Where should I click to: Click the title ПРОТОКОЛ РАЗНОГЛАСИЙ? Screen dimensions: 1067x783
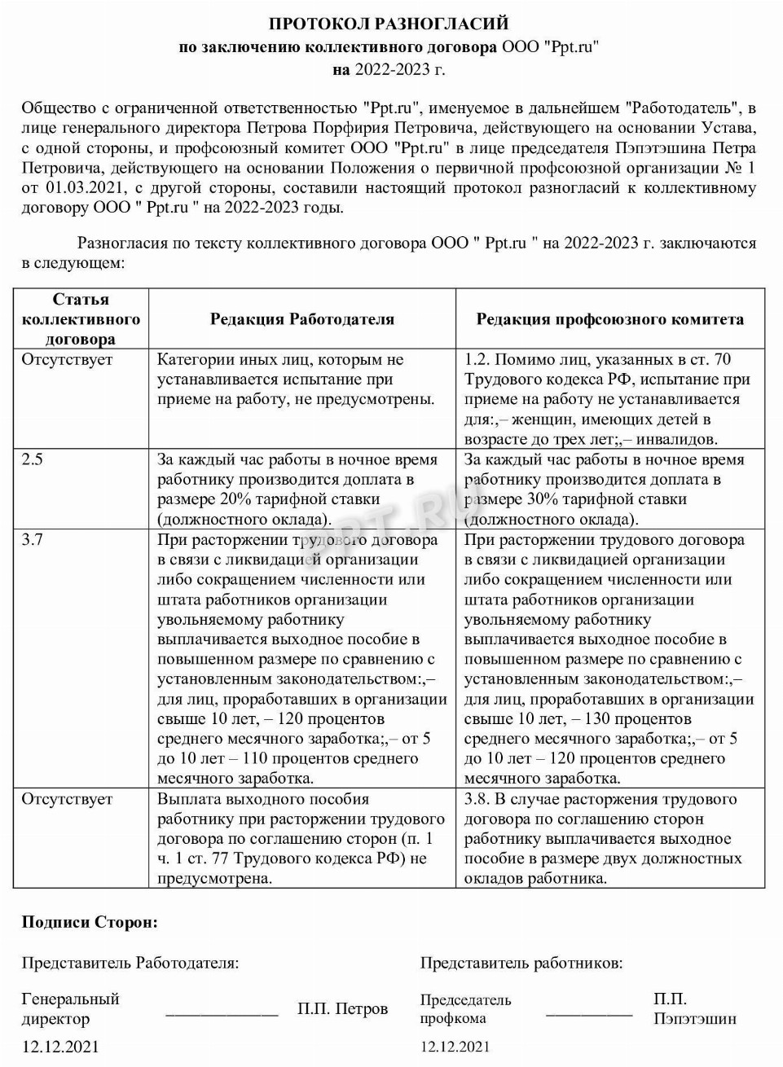coord(389,24)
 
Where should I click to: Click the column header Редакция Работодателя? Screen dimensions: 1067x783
coord(302,319)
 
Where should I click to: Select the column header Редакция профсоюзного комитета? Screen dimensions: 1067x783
coord(610,319)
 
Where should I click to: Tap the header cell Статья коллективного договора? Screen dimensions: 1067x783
coord(81,319)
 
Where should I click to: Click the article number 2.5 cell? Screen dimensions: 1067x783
coord(33,459)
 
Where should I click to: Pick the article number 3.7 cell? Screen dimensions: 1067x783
coord(33,539)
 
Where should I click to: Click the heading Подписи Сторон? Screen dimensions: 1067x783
coord(90,922)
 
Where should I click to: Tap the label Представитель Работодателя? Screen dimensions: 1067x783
coord(130,963)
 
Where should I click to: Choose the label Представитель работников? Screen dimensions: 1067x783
coord(521,963)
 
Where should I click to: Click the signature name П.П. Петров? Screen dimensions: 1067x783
coord(342,1008)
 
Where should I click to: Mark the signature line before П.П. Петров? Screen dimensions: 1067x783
coord(222,1014)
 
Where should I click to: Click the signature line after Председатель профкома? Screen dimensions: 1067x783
coord(588,1014)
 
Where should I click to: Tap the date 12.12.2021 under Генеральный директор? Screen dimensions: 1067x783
coord(60,1047)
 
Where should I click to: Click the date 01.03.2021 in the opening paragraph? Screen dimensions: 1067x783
coord(81,188)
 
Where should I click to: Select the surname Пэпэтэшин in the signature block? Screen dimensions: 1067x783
coord(694,1018)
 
